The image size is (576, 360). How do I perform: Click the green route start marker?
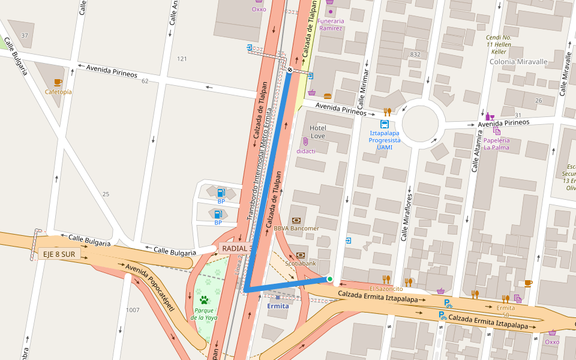point(329,278)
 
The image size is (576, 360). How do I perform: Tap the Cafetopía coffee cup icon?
point(58,82)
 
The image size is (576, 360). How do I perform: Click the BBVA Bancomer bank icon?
point(296,220)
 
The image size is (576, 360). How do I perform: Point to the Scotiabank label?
point(300,263)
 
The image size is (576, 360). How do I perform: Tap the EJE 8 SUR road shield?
point(59,254)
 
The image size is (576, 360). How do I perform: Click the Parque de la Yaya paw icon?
point(204,299)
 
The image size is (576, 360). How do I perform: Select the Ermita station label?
point(278,306)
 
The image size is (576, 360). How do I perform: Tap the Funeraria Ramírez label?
point(330,25)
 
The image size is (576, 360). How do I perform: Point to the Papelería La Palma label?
point(496,143)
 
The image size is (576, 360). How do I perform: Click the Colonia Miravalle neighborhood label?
point(518,62)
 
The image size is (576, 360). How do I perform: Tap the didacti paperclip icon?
point(305,142)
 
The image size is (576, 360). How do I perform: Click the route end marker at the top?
point(290,70)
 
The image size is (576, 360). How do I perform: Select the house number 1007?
point(133,310)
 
